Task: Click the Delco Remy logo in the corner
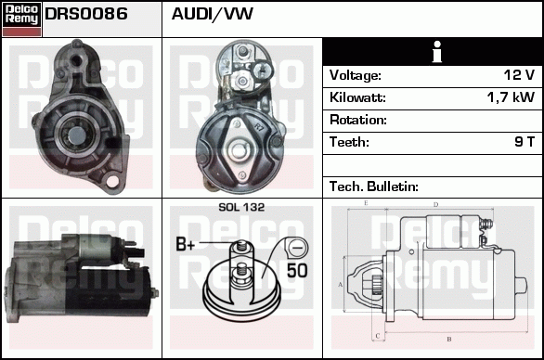click(x=21, y=19)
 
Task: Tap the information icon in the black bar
click(x=432, y=52)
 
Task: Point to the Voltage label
click(x=356, y=75)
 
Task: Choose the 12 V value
click(x=517, y=75)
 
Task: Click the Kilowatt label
click(x=357, y=97)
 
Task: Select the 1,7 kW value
click(x=512, y=97)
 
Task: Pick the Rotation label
click(x=357, y=120)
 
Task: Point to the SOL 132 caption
click(x=241, y=207)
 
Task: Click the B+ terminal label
click(x=186, y=246)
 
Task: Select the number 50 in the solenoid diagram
click(x=297, y=271)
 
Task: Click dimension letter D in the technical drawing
click(x=435, y=204)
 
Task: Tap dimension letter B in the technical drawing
click(x=448, y=339)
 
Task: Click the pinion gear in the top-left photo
click(x=72, y=135)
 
